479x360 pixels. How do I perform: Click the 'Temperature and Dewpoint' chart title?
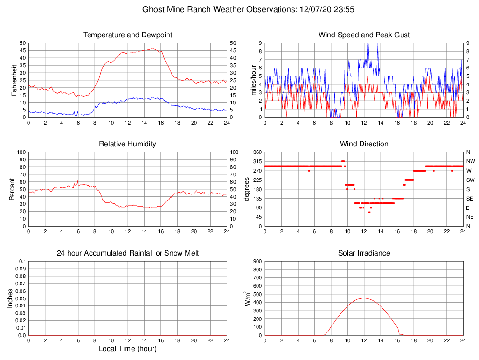127,35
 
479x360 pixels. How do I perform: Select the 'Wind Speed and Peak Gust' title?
364,35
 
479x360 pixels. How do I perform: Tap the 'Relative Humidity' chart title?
127,144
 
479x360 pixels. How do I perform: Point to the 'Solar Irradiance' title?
364,253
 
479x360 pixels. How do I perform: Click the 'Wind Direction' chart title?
364,144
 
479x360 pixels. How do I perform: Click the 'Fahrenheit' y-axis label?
14,80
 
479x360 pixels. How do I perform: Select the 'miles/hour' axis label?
254,80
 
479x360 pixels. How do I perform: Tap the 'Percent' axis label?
12,189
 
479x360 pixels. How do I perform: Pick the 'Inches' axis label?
11,298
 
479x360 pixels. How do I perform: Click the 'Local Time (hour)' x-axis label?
127,349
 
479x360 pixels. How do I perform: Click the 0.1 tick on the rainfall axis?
22,262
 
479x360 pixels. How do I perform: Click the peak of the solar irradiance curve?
364,298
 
